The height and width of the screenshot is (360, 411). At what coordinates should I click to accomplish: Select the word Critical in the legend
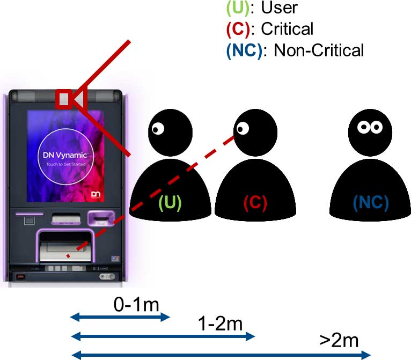[287, 28]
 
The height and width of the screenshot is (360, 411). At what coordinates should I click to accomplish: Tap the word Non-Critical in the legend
[319, 50]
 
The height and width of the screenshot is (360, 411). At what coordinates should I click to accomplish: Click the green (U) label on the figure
[170, 202]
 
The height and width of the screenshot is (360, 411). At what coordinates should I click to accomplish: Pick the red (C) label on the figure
[255, 202]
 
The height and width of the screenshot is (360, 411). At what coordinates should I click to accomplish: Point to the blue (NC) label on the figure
[371, 202]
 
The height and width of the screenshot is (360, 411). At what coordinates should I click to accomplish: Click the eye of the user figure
[158, 129]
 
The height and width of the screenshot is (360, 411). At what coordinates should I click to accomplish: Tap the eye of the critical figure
[243, 128]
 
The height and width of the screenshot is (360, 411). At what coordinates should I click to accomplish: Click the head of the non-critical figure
[370, 133]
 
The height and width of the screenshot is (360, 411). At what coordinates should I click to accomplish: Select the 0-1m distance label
[136, 305]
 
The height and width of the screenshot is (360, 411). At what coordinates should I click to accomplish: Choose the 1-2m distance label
[220, 324]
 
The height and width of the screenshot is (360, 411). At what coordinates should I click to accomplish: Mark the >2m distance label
[339, 340]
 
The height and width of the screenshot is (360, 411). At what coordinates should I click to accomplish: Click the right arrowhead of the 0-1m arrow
[166, 317]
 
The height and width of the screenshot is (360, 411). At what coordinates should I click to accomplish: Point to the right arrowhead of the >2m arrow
[366, 355]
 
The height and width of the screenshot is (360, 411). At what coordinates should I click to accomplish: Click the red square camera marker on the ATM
[64, 99]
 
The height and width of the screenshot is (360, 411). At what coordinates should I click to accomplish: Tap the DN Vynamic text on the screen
[65, 155]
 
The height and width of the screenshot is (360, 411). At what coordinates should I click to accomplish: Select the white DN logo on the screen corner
[96, 194]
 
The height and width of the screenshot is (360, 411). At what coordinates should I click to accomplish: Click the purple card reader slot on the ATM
[101, 218]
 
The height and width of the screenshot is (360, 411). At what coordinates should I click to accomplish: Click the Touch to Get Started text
[66, 164]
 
